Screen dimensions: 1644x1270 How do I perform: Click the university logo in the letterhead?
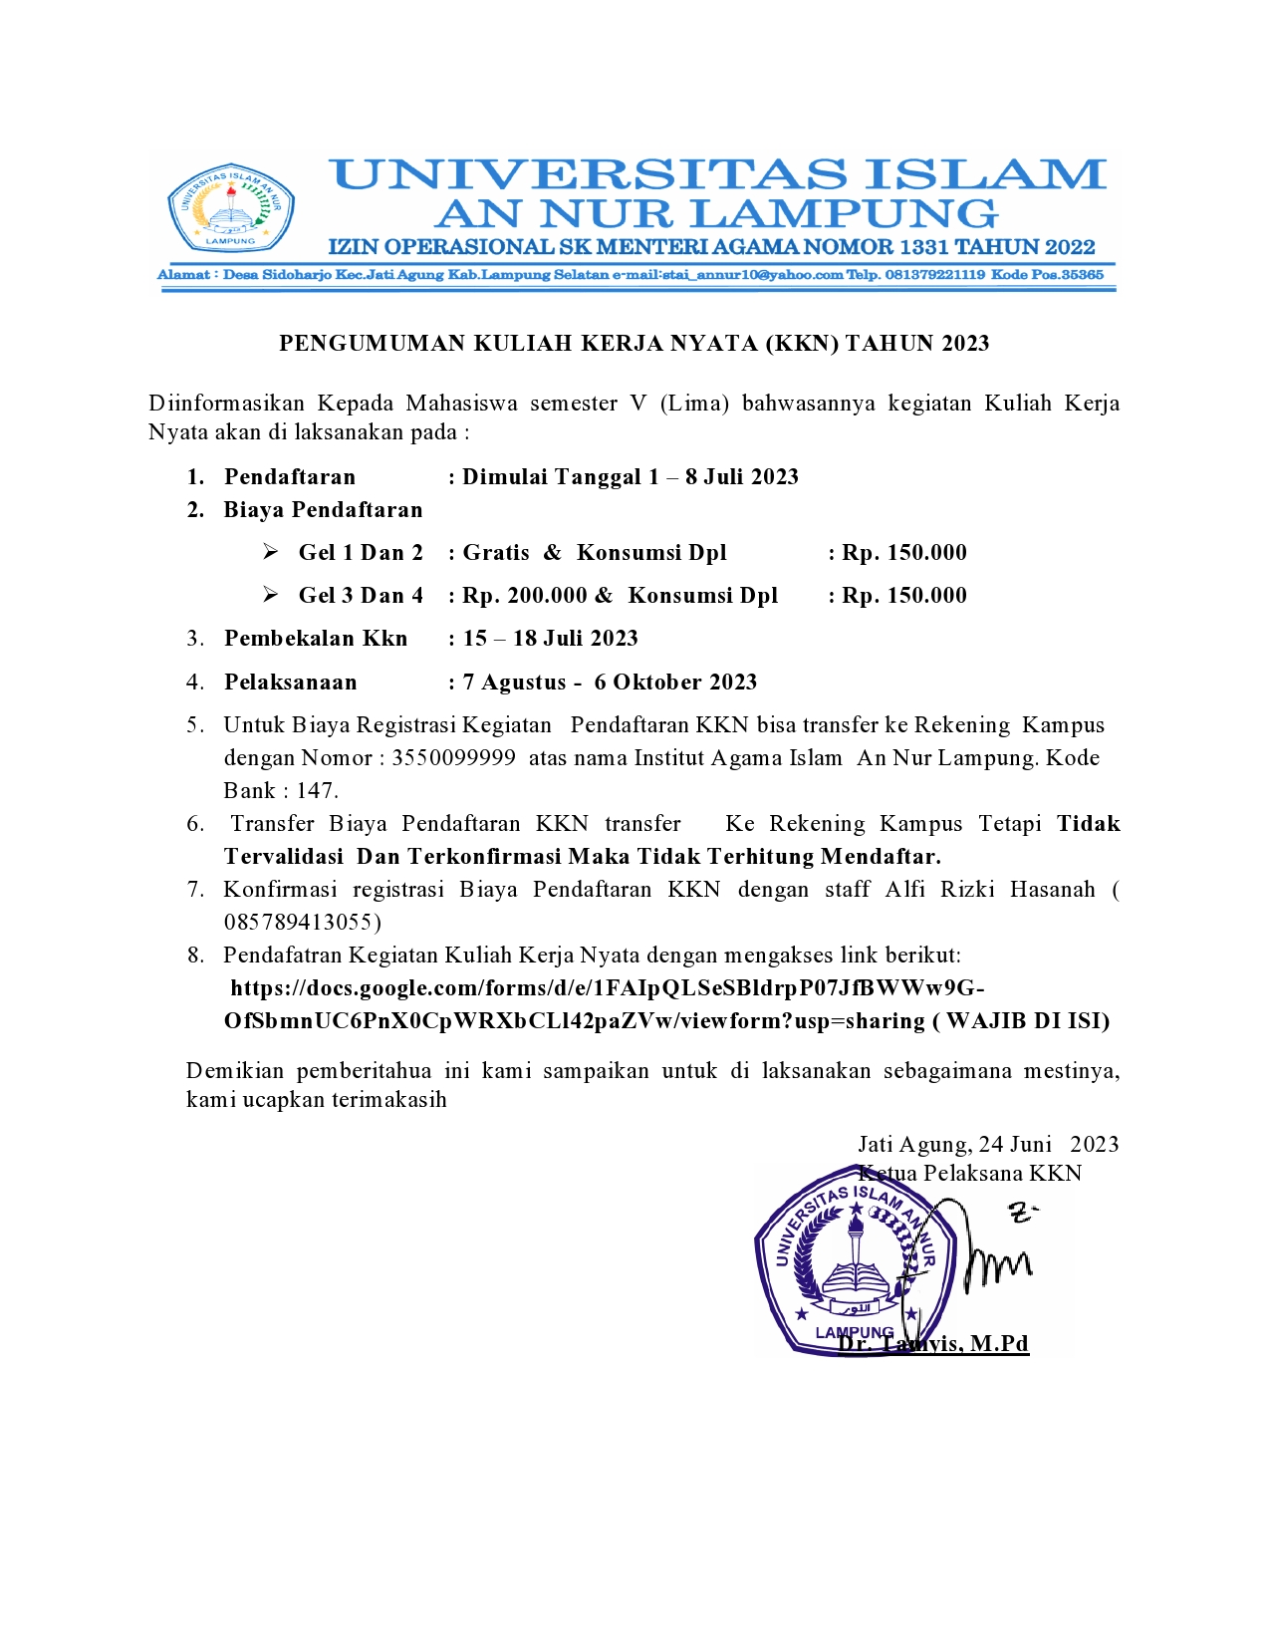231,207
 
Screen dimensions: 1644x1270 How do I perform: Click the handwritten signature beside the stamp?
986,1255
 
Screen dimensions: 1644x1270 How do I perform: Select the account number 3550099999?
453,758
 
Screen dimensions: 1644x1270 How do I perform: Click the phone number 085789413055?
302,922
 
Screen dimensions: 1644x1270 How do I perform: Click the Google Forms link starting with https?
607,988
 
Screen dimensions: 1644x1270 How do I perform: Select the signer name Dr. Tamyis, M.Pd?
933,1344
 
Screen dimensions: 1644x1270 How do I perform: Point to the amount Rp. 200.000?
525,596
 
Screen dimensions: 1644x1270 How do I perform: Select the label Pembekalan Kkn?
316,639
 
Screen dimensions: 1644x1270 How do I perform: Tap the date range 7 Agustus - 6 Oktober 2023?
610,683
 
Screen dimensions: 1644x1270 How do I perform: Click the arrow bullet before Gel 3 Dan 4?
270,596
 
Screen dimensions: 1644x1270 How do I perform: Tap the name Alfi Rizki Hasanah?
989,889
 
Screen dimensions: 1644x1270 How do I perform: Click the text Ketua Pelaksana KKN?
970,1174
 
